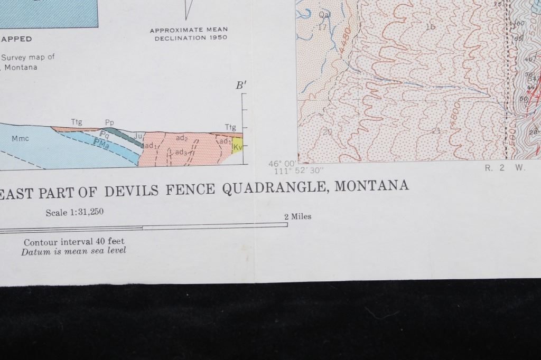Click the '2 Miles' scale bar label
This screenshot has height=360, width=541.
[x=297, y=216]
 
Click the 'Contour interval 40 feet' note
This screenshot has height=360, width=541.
[x=74, y=242]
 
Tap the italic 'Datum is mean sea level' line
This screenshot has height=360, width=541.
[x=74, y=251]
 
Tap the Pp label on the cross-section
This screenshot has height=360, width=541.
[x=109, y=122]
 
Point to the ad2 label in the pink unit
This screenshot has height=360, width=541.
[x=182, y=138]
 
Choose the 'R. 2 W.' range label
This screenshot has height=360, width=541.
[x=496, y=168]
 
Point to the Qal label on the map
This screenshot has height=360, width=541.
[x=324, y=15]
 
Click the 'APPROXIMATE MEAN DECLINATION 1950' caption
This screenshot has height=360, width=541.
[x=188, y=34]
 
